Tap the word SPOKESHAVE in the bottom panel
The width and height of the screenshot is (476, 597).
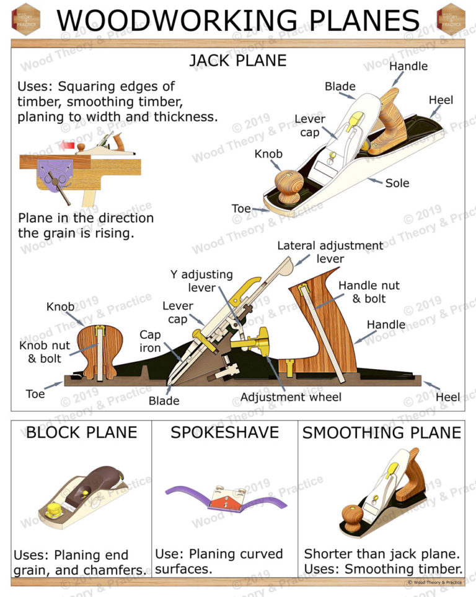[224, 432]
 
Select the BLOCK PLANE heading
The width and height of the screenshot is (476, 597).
[81, 432]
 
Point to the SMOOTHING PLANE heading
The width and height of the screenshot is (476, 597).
[382, 432]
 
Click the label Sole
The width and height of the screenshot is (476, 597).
[397, 183]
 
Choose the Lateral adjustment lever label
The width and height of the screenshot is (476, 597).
[330, 252]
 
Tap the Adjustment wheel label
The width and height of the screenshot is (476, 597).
[291, 397]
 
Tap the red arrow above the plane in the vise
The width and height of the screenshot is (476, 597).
[65, 144]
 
